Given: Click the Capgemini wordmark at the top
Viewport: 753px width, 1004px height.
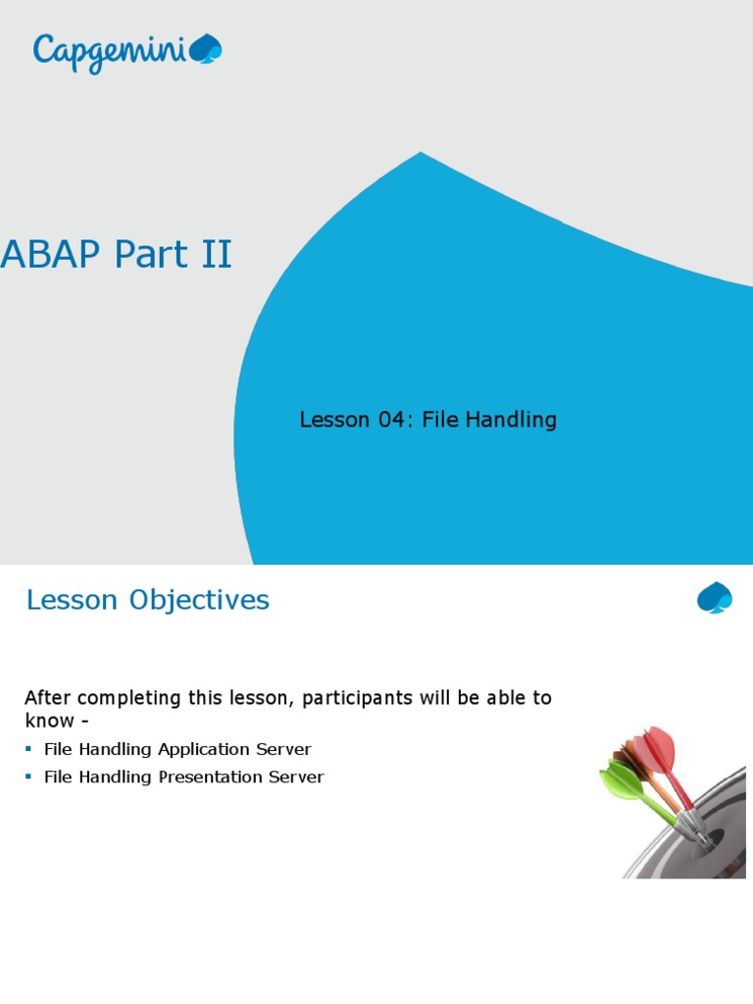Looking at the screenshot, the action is click(110, 54).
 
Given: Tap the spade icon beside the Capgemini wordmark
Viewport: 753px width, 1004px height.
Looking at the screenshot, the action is click(206, 49).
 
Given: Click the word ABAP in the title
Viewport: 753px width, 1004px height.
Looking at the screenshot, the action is click(51, 254).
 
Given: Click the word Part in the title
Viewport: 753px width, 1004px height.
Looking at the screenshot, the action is click(150, 254).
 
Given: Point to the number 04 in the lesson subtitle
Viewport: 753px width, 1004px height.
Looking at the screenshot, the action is click(391, 420).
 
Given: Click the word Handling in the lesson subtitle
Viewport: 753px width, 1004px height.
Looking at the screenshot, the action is click(511, 420).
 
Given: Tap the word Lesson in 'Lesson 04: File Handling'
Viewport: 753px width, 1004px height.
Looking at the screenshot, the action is click(334, 420).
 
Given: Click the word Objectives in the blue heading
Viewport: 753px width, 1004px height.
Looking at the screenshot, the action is click(199, 601).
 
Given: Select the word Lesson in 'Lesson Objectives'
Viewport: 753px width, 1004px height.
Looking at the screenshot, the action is click(72, 600).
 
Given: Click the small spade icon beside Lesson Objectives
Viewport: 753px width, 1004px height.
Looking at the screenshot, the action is click(715, 597).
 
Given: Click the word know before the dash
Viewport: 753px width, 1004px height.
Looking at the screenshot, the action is click(49, 721).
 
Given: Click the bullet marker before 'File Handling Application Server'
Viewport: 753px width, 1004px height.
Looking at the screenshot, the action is click(28, 748).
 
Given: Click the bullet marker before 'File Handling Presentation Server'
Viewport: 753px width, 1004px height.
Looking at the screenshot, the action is click(28, 777).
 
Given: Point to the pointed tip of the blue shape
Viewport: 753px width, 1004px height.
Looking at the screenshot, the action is click(420, 152).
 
